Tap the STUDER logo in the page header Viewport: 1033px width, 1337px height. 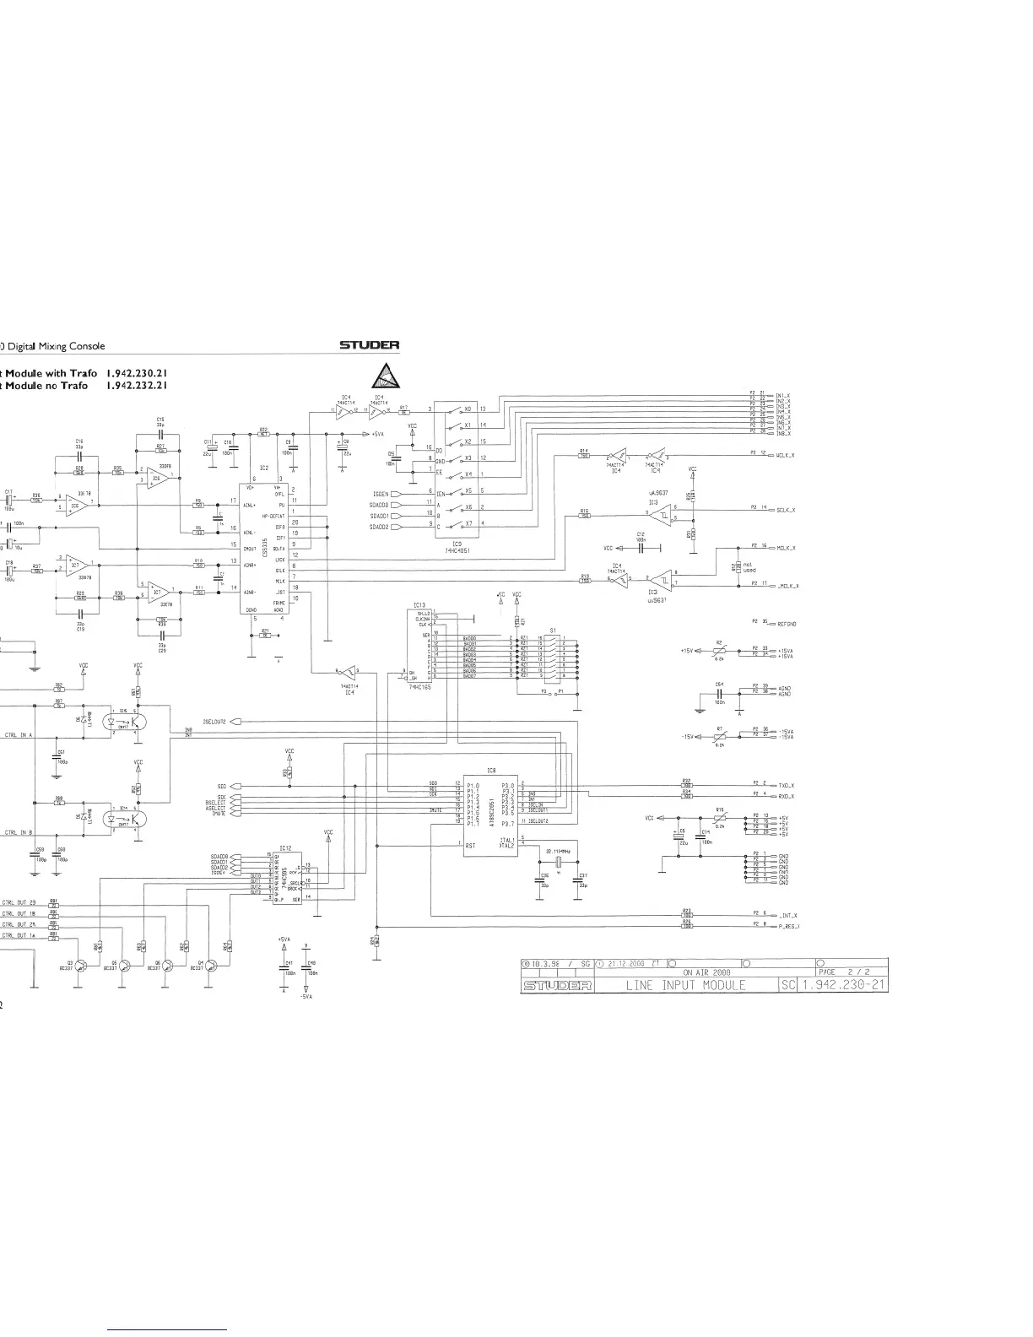(x=369, y=344)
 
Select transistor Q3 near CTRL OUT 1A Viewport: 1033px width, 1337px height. (x=81, y=966)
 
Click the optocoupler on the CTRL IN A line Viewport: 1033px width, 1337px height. (x=123, y=723)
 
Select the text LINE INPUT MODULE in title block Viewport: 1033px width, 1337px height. (x=685, y=985)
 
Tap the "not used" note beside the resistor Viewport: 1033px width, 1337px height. (x=748, y=568)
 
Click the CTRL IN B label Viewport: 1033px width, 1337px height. (x=18, y=832)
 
